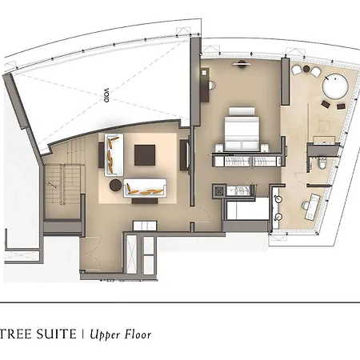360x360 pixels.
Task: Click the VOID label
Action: tap(106, 95)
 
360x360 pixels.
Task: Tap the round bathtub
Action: tap(335, 86)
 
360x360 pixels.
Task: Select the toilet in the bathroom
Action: tap(322, 163)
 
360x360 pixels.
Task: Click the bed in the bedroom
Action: tap(242, 129)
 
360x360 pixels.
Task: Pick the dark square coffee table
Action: tap(145, 155)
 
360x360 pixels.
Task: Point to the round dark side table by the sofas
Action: tap(116, 185)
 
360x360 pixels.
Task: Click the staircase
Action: tap(62, 184)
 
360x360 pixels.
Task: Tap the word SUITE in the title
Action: tap(56, 334)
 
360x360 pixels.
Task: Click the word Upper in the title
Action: tap(105, 335)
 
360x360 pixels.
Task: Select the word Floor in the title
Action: tap(138, 334)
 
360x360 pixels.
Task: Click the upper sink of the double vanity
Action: tap(278, 198)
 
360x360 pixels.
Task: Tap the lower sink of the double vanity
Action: tap(278, 217)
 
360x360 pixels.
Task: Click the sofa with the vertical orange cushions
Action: tap(114, 155)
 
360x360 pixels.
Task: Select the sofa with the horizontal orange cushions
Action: tap(145, 188)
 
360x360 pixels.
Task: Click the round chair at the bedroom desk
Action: tap(211, 86)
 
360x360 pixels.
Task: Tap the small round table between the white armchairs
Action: tap(306, 70)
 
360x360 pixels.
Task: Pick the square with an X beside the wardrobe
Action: tap(219, 190)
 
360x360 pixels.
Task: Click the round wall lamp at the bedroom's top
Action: tap(242, 63)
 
